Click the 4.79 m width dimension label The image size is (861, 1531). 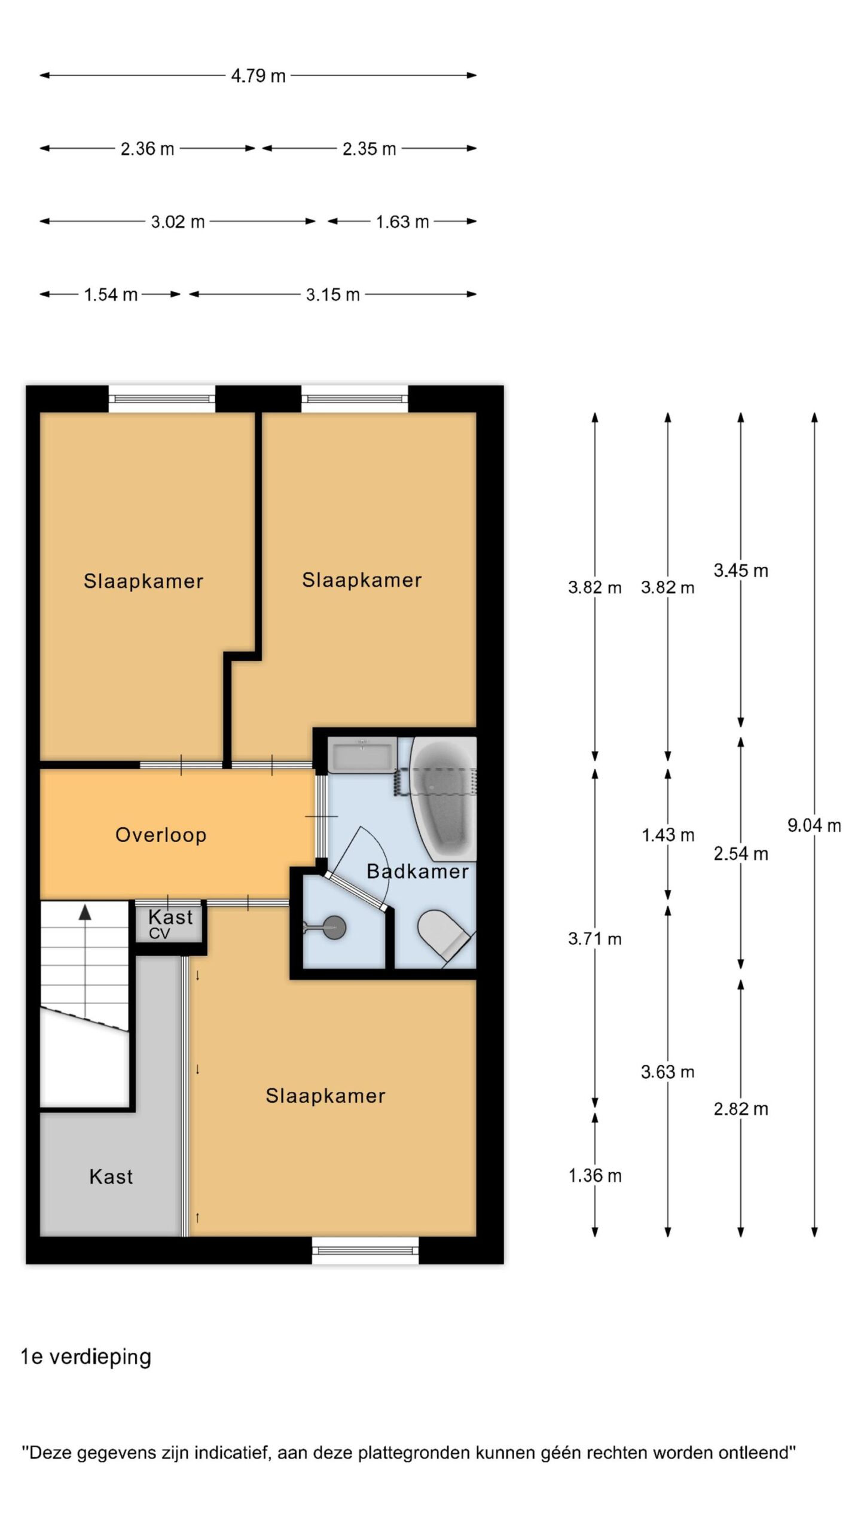click(x=258, y=76)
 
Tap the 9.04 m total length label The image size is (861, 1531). click(x=814, y=825)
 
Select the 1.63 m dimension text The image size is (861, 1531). click(x=402, y=222)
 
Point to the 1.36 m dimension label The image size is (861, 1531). click(x=595, y=1176)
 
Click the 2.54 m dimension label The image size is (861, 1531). click(x=741, y=853)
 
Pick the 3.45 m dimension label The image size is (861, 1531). click(x=741, y=571)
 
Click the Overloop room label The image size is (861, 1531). click(x=161, y=835)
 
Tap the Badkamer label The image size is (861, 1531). click(x=417, y=871)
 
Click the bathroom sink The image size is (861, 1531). click(x=362, y=755)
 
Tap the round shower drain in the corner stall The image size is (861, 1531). click(x=333, y=927)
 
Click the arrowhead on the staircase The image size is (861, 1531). click(x=85, y=912)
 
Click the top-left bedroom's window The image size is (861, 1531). click(x=161, y=398)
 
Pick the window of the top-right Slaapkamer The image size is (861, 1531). click(x=355, y=398)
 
